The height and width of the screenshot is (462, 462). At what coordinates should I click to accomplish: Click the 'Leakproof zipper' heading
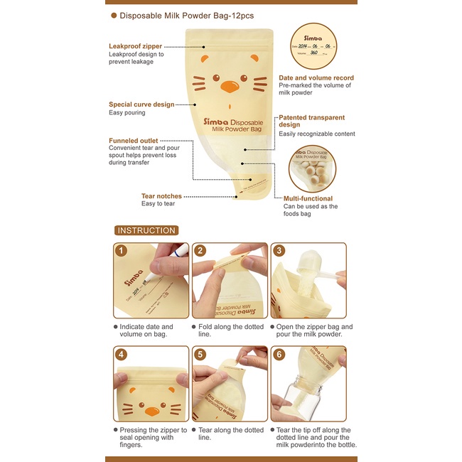coord(135,46)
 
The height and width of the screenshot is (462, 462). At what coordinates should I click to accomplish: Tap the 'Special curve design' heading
coord(141,104)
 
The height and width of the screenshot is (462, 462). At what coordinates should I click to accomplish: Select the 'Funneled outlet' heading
coord(133,141)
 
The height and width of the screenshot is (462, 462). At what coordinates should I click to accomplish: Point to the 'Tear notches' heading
coord(161,196)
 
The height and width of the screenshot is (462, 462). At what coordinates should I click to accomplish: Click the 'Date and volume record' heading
coord(316,78)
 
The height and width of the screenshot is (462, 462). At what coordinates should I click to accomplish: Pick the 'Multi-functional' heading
coord(308,198)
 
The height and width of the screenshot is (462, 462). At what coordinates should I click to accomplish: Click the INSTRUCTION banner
coord(146,230)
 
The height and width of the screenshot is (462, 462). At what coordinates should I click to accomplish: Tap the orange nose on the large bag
coord(230,87)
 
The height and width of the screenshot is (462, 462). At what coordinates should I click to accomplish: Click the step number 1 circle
coord(121,251)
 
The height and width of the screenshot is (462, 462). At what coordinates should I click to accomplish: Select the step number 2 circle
coord(200,251)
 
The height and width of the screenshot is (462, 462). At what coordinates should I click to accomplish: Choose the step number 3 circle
coord(279,251)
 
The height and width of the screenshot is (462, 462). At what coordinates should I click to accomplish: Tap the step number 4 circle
coord(121,354)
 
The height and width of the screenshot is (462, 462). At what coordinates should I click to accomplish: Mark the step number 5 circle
coord(200,354)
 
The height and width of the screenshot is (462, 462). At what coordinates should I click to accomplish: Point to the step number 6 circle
coord(279,354)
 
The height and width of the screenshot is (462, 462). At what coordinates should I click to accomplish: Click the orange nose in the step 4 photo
coord(152,412)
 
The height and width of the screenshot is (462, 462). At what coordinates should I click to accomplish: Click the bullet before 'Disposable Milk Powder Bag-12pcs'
coord(114,16)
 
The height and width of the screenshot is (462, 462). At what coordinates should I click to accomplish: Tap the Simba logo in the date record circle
coord(313,38)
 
